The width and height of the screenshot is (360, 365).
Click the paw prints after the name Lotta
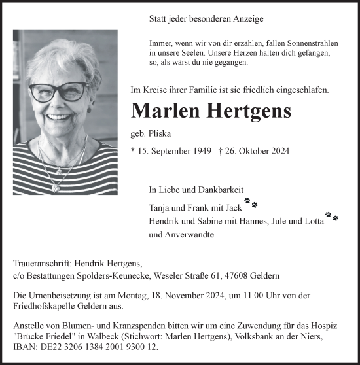coord(332,215)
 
